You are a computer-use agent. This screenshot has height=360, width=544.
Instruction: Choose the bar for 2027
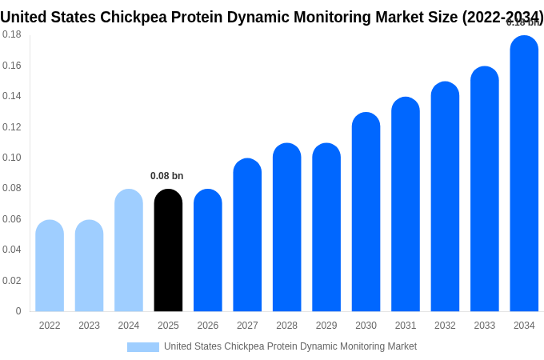click(247, 235)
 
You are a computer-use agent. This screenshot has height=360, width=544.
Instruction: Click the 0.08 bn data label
click(167, 176)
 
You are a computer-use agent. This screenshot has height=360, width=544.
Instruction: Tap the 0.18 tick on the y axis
click(12, 34)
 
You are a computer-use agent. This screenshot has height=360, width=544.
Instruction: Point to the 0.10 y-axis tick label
click(12, 158)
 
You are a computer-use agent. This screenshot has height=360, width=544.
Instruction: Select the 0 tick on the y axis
click(18, 311)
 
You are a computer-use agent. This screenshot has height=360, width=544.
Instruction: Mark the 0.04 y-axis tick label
click(12, 250)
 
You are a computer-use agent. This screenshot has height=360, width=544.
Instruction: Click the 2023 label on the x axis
click(89, 326)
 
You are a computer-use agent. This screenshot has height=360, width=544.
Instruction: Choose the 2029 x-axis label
click(326, 326)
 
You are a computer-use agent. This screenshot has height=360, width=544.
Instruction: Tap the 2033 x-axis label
click(484, 326)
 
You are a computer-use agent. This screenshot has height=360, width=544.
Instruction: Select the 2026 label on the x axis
click(208, 326)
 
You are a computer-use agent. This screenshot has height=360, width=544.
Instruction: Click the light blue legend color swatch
click(143, 347)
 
